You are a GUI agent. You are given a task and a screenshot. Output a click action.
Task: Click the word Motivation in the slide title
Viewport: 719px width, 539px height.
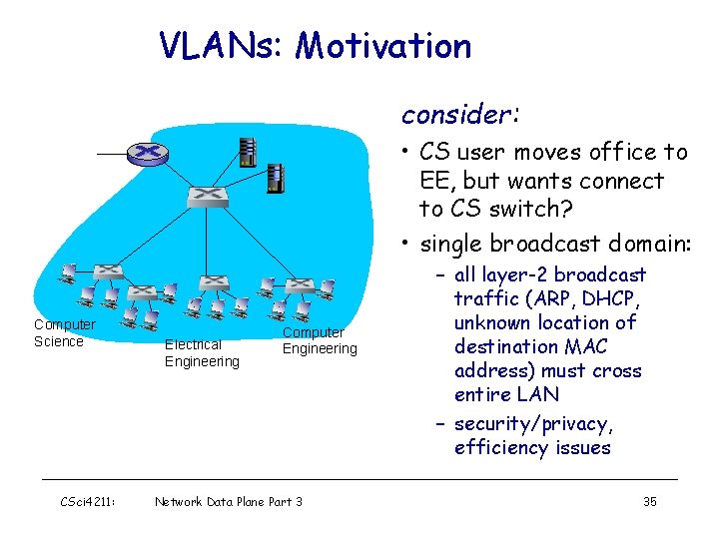click(x=383, y=46)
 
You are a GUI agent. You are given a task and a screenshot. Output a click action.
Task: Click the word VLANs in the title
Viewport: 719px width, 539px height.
click(x=221, y=46)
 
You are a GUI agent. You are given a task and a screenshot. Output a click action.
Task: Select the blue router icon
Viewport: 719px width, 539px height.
click(x=148, y=153)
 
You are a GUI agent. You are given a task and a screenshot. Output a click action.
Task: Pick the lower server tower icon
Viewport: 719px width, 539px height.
click(x=275, y=179)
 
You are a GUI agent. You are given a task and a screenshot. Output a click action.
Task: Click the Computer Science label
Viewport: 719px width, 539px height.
click(x=64, y=332)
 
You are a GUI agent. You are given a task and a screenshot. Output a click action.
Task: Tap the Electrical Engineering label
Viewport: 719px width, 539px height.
click(x=202, y=352)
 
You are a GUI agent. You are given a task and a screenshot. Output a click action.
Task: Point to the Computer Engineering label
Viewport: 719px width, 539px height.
click(x=319, y=340)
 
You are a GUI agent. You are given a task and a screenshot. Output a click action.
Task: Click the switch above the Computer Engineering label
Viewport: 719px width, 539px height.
click(x=297, y=283)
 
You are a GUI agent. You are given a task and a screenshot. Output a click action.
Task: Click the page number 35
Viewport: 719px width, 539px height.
click(x=649, y=501)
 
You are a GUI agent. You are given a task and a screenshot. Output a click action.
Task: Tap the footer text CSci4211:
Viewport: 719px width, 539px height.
click(x=88, y=501)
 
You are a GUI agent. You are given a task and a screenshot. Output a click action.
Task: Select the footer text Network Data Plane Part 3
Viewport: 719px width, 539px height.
click(x=229, y=501)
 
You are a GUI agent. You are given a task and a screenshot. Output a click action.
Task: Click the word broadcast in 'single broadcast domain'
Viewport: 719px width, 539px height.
click(x=543, y=244)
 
